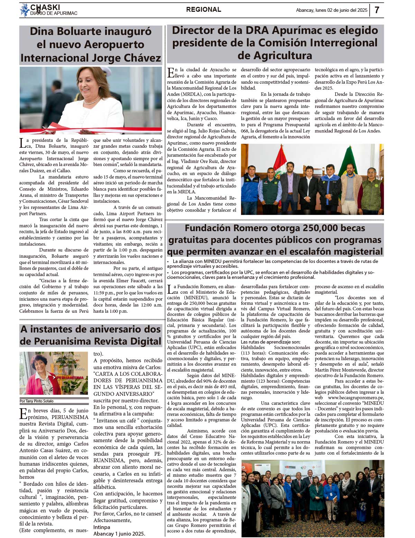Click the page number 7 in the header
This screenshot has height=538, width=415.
[377, 10]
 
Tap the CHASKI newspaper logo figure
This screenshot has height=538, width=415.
[25, 10]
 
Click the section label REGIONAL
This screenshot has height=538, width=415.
[203, 10]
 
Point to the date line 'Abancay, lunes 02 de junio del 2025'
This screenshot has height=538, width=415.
[331, 10]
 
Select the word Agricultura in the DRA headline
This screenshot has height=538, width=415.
[275, 55]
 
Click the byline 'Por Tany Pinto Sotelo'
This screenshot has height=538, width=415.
[37, 401]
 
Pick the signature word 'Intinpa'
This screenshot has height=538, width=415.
[102, 527]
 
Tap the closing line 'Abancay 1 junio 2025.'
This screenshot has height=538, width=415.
[119, 534]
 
